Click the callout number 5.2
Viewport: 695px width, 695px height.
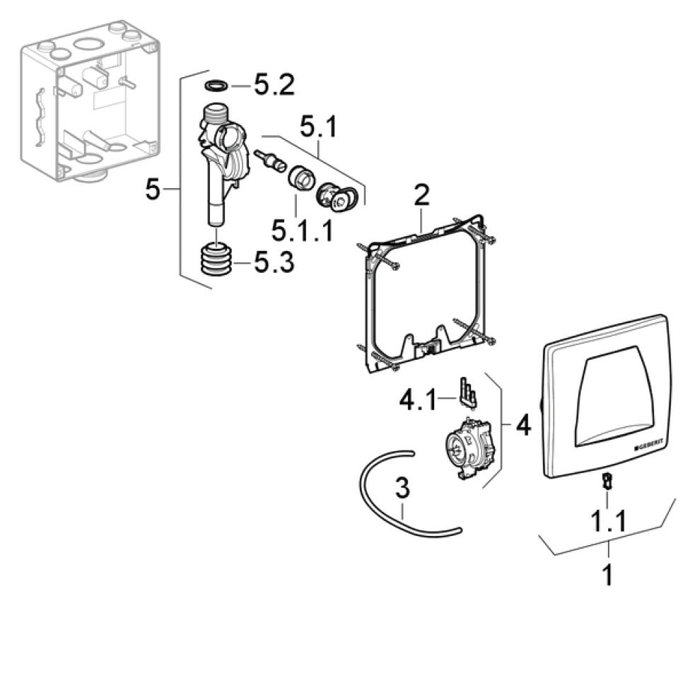(274, 87)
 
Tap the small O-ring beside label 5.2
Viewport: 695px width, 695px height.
(215, 86)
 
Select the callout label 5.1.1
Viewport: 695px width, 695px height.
(301, 230)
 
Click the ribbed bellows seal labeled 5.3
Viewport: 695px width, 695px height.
(218, 260)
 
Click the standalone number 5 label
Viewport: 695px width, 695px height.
(153, 189)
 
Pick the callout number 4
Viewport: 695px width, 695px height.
(522, 426)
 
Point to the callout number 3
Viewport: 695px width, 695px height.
(402, 489)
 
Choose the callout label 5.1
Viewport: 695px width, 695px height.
(318, 129)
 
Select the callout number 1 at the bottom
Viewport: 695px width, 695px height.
(607, 575)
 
